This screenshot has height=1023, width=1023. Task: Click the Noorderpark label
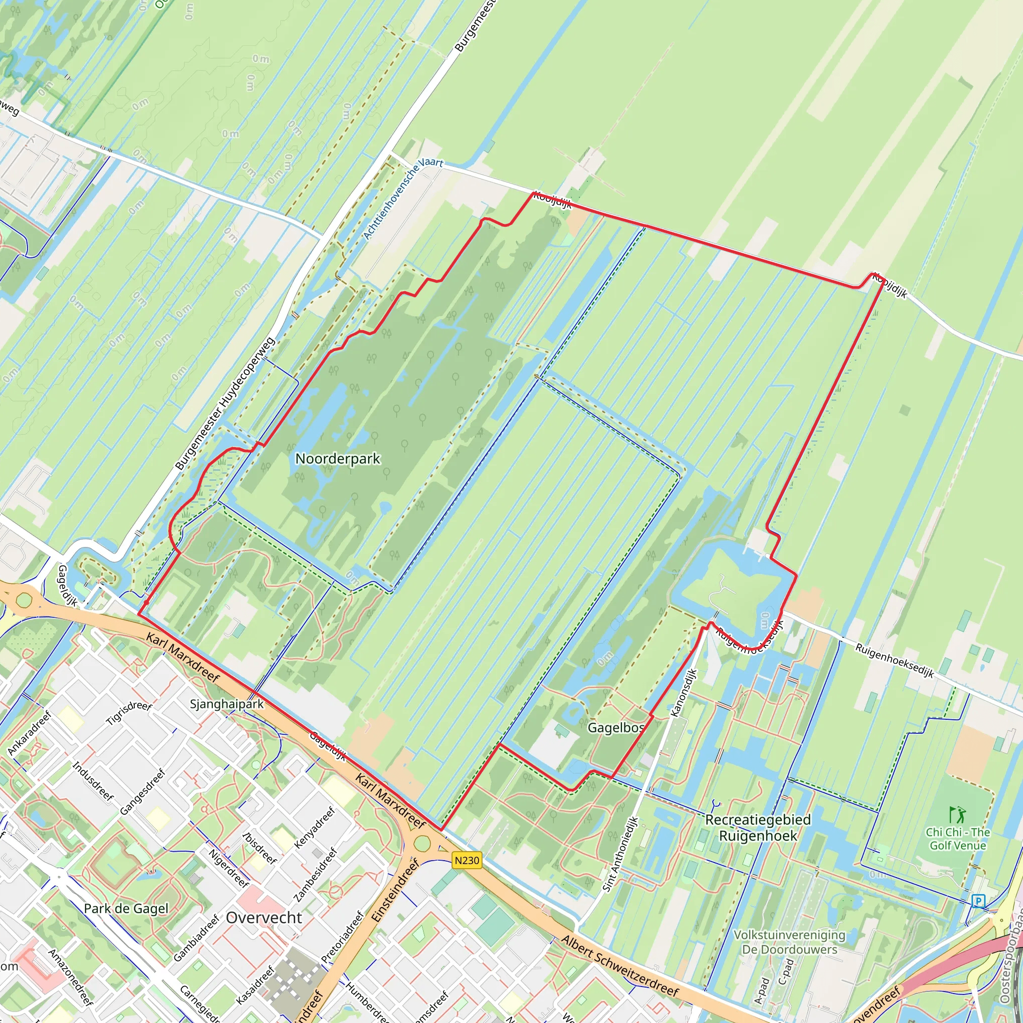tap(337, 459)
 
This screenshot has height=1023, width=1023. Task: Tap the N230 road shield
tap(467, 860)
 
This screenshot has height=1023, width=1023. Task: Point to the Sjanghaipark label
tap(227, 704)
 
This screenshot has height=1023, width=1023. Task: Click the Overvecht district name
tap(264, 918)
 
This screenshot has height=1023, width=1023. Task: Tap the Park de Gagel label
tap(126, 909)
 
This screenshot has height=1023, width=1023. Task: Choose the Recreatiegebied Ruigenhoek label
tap(758, 828)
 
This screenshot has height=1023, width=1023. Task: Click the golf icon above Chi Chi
tap(958, 814)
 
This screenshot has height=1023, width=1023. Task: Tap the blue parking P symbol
tap(979, 900)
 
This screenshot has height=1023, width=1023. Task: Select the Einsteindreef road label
tap(395, 891)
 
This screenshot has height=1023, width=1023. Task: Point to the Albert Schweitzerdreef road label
tap(620, 965)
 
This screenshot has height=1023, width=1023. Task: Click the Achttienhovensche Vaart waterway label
tap(404, 197)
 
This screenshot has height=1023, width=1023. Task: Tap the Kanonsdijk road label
tap(684, 693)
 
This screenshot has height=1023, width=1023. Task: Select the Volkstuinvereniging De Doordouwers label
tap(790, 942)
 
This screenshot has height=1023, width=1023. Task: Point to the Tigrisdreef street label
tap(129, 713)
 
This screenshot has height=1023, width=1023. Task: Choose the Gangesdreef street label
tap(143, 792)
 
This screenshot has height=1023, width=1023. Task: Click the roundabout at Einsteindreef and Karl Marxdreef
tap(422, 843)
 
